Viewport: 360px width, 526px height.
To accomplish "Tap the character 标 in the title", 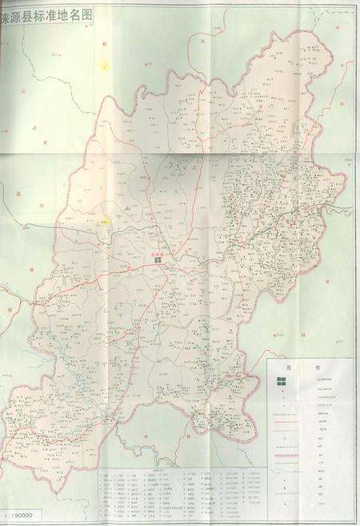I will click(x=42, y=13).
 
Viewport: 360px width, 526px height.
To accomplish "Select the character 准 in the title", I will click(x=54, y=13).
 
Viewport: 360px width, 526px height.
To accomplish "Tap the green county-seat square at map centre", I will click(x=158, y=259).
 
